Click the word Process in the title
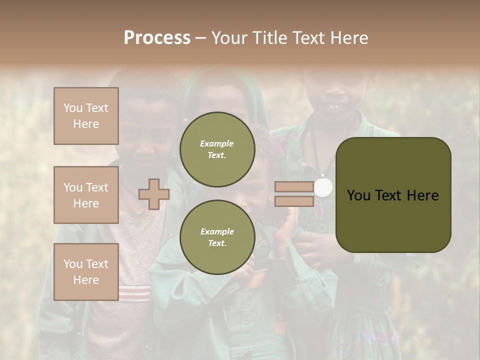(157, 37)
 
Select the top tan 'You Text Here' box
(86, 116)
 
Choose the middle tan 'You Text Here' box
(86, 195)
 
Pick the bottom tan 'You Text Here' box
(86, 272)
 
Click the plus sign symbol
(154, 194)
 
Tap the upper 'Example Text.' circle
(217, 149)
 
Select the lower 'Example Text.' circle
(217, 237)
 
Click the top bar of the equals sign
(294, 187)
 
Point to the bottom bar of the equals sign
(294, 201)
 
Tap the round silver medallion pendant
(323, 187)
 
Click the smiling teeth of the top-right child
(334, 106)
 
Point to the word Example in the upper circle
(217, 143)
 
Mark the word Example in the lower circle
(217, 231)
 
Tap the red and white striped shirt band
(134, 292)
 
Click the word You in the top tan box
(73, 108)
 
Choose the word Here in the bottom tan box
(86, 280)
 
